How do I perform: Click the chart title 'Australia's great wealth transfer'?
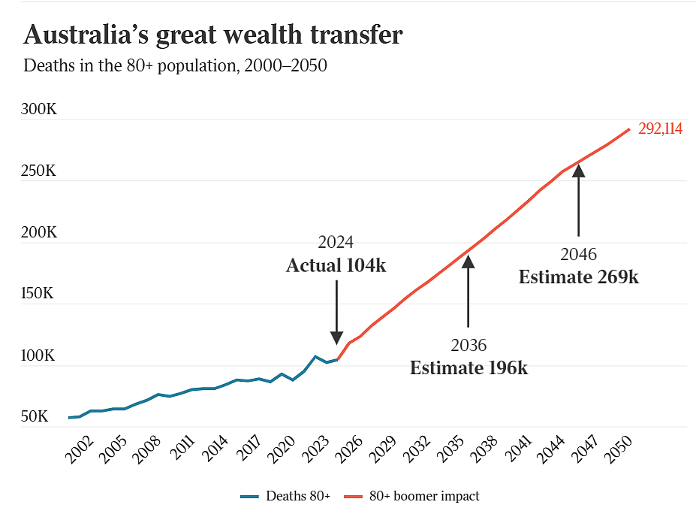coord(213,35)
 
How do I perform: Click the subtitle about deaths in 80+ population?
coord(176,65)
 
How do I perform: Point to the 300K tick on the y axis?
coord(39,109)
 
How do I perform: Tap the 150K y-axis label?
coord(38,293)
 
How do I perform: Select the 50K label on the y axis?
coord(35,416)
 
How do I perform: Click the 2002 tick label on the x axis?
coord(80,449)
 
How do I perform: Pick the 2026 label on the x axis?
coord(349,449)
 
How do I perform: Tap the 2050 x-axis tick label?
coord(618,449)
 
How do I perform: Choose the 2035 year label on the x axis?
coord(450,449)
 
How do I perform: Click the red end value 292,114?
coord(660,128)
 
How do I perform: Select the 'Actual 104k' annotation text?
coord(336,266)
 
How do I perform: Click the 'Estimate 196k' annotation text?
coord(469,368)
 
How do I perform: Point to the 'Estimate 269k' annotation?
coord(579,277)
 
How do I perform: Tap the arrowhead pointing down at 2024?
coord(337,337)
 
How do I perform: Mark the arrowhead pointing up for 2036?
coord(469,262)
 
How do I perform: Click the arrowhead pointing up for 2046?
coord(578,171)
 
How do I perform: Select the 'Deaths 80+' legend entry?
coord(285,496)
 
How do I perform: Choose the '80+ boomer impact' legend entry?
coord(412,496)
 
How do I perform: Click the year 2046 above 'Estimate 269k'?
coord(578,255)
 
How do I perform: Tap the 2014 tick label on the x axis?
coord(215,449)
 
